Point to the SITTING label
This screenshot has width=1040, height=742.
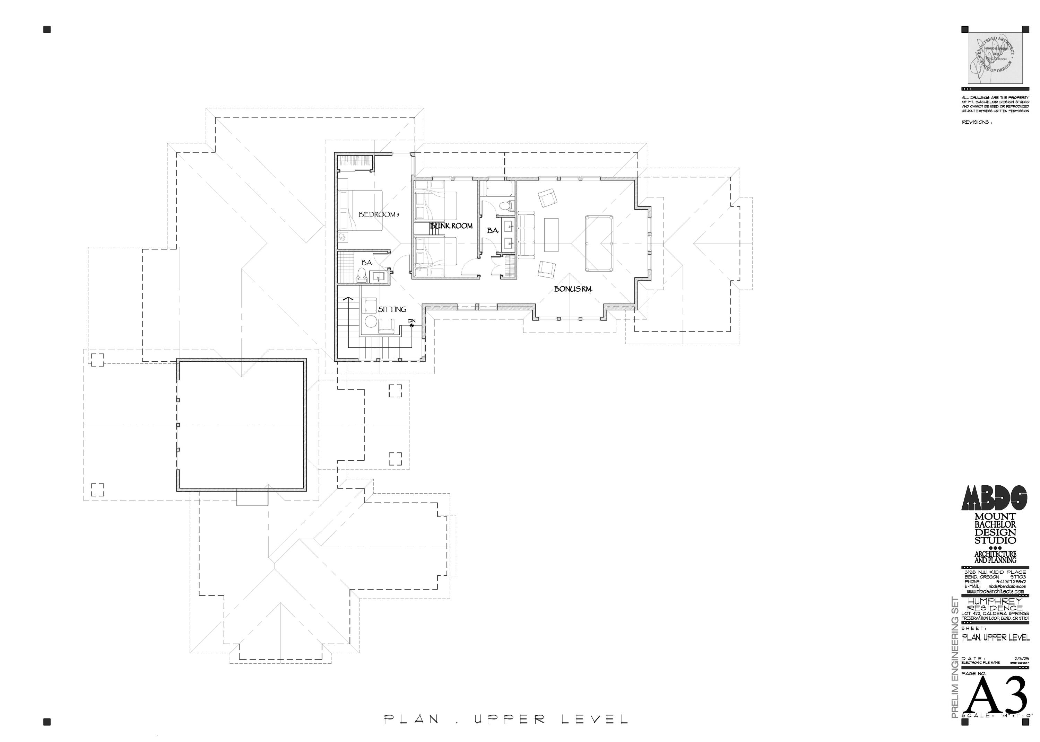coord(392,309)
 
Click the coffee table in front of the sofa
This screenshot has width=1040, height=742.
coord(551,235)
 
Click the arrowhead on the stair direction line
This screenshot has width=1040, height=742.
coord(348,298)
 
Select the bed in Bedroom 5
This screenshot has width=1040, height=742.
coord(360,211)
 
